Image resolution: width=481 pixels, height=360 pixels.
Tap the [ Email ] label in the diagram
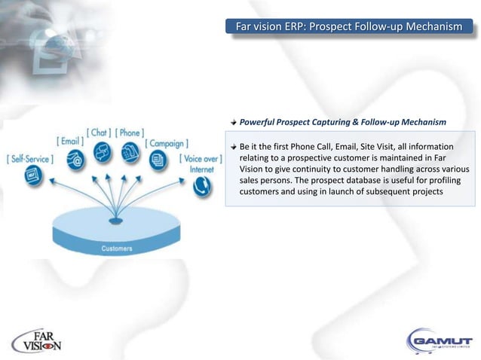tap(70, 141)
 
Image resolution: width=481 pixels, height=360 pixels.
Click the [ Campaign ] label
tap(167, 143)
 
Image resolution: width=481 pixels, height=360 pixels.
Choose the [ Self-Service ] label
tap(29, 159)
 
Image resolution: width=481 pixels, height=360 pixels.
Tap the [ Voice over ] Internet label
tap(201, 163)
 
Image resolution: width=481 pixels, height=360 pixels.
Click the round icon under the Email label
tap(75, 160)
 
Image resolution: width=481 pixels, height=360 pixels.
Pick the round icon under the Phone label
tap(131, 152)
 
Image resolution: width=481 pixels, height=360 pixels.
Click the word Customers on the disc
tap(117, 248)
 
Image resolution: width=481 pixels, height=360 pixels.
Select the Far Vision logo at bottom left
tap(38, 341)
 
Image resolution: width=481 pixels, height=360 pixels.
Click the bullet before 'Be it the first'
tap(234, 145)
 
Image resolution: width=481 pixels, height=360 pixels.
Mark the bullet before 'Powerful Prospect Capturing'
tap(234, 121)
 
